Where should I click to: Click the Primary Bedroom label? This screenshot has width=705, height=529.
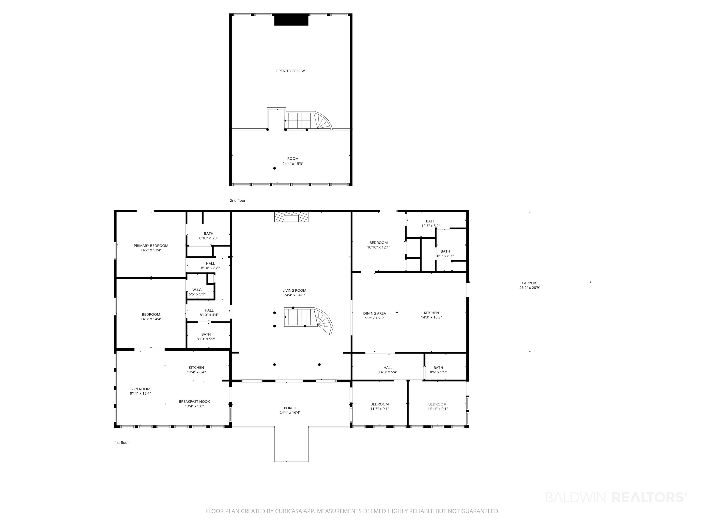(x=151, y=245)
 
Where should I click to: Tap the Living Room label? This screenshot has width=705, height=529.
(x=294, y=290)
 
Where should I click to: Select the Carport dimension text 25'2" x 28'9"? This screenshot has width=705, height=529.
(x=530, y=288)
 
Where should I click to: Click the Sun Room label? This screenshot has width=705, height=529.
(x=140, y=389)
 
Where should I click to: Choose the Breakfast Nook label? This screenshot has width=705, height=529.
(x=194, y=401)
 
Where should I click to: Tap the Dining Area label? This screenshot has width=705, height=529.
(x=375, y=313)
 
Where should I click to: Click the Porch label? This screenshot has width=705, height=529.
(x=290, y=408)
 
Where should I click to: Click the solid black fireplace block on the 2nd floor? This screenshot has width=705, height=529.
(x=291, y=20)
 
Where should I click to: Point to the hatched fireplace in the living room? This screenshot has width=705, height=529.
(x=291, y=217)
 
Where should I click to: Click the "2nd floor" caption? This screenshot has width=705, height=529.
(x=238, y=201)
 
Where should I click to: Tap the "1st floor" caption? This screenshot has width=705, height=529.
(x=122, y=443)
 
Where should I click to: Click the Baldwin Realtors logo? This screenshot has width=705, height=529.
(x=617, y=497)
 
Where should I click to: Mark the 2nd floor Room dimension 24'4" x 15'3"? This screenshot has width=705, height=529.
(x=293, y=163)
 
